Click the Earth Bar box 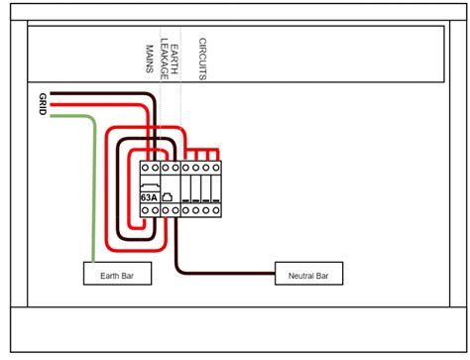(x=117, y=274)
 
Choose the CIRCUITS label (x=201, y=60)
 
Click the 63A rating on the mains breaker (x=149, y=197)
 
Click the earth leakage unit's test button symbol (x=168, y=196)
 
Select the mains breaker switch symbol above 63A (x=149, y=185)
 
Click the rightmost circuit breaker (x=215, y=188)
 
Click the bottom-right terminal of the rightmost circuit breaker (x=215, y=209)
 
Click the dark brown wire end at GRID (x=53, y=96)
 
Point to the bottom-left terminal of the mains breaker (x=144, y=209)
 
